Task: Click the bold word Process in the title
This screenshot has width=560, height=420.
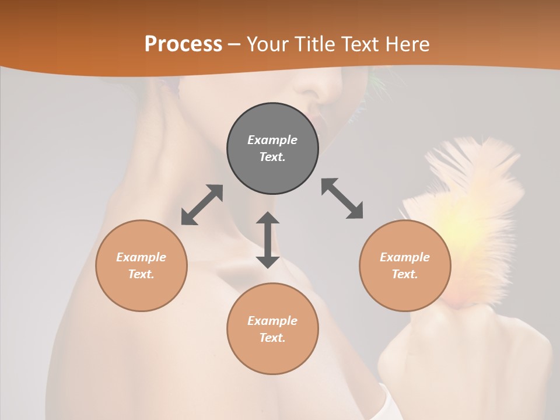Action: click(x=183, y=44)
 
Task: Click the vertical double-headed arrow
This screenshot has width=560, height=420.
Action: click(x=268, y=240)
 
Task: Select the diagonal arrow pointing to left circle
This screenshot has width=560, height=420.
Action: click(x=202, y=205)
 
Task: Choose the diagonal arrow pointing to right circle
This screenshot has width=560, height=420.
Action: click(x=342, y=198)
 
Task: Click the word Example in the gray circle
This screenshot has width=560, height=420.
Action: click(x=272, y=140)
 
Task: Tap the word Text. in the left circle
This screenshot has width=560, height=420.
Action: click(x=141, y=274)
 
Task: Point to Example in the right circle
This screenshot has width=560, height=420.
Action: click(x=405, y=257)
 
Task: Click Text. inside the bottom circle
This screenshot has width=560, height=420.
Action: click(x=272, y=338)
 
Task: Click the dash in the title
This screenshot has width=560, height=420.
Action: click(x=235, y=44)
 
